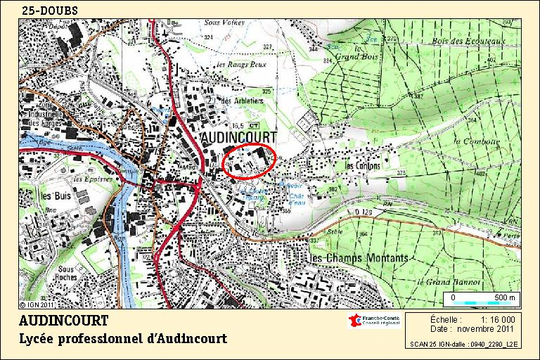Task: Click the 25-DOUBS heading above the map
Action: tap(49, 11)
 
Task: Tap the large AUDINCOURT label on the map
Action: tap(239, 136)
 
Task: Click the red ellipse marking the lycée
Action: tap(247, 162)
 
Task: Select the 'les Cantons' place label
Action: tap(362, 166)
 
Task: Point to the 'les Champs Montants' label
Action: tap(359, 258)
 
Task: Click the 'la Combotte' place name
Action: tap(476, 141)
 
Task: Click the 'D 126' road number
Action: tap(363, 211)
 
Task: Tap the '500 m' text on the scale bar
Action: tap(504, 297)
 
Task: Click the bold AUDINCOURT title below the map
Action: tap(64, 321)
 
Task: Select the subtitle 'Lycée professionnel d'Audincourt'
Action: tap(123, 339)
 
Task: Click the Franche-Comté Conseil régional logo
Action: tap(374, 321)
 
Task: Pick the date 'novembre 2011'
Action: tap(487, 328)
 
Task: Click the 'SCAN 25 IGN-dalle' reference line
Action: tap(463, 345)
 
